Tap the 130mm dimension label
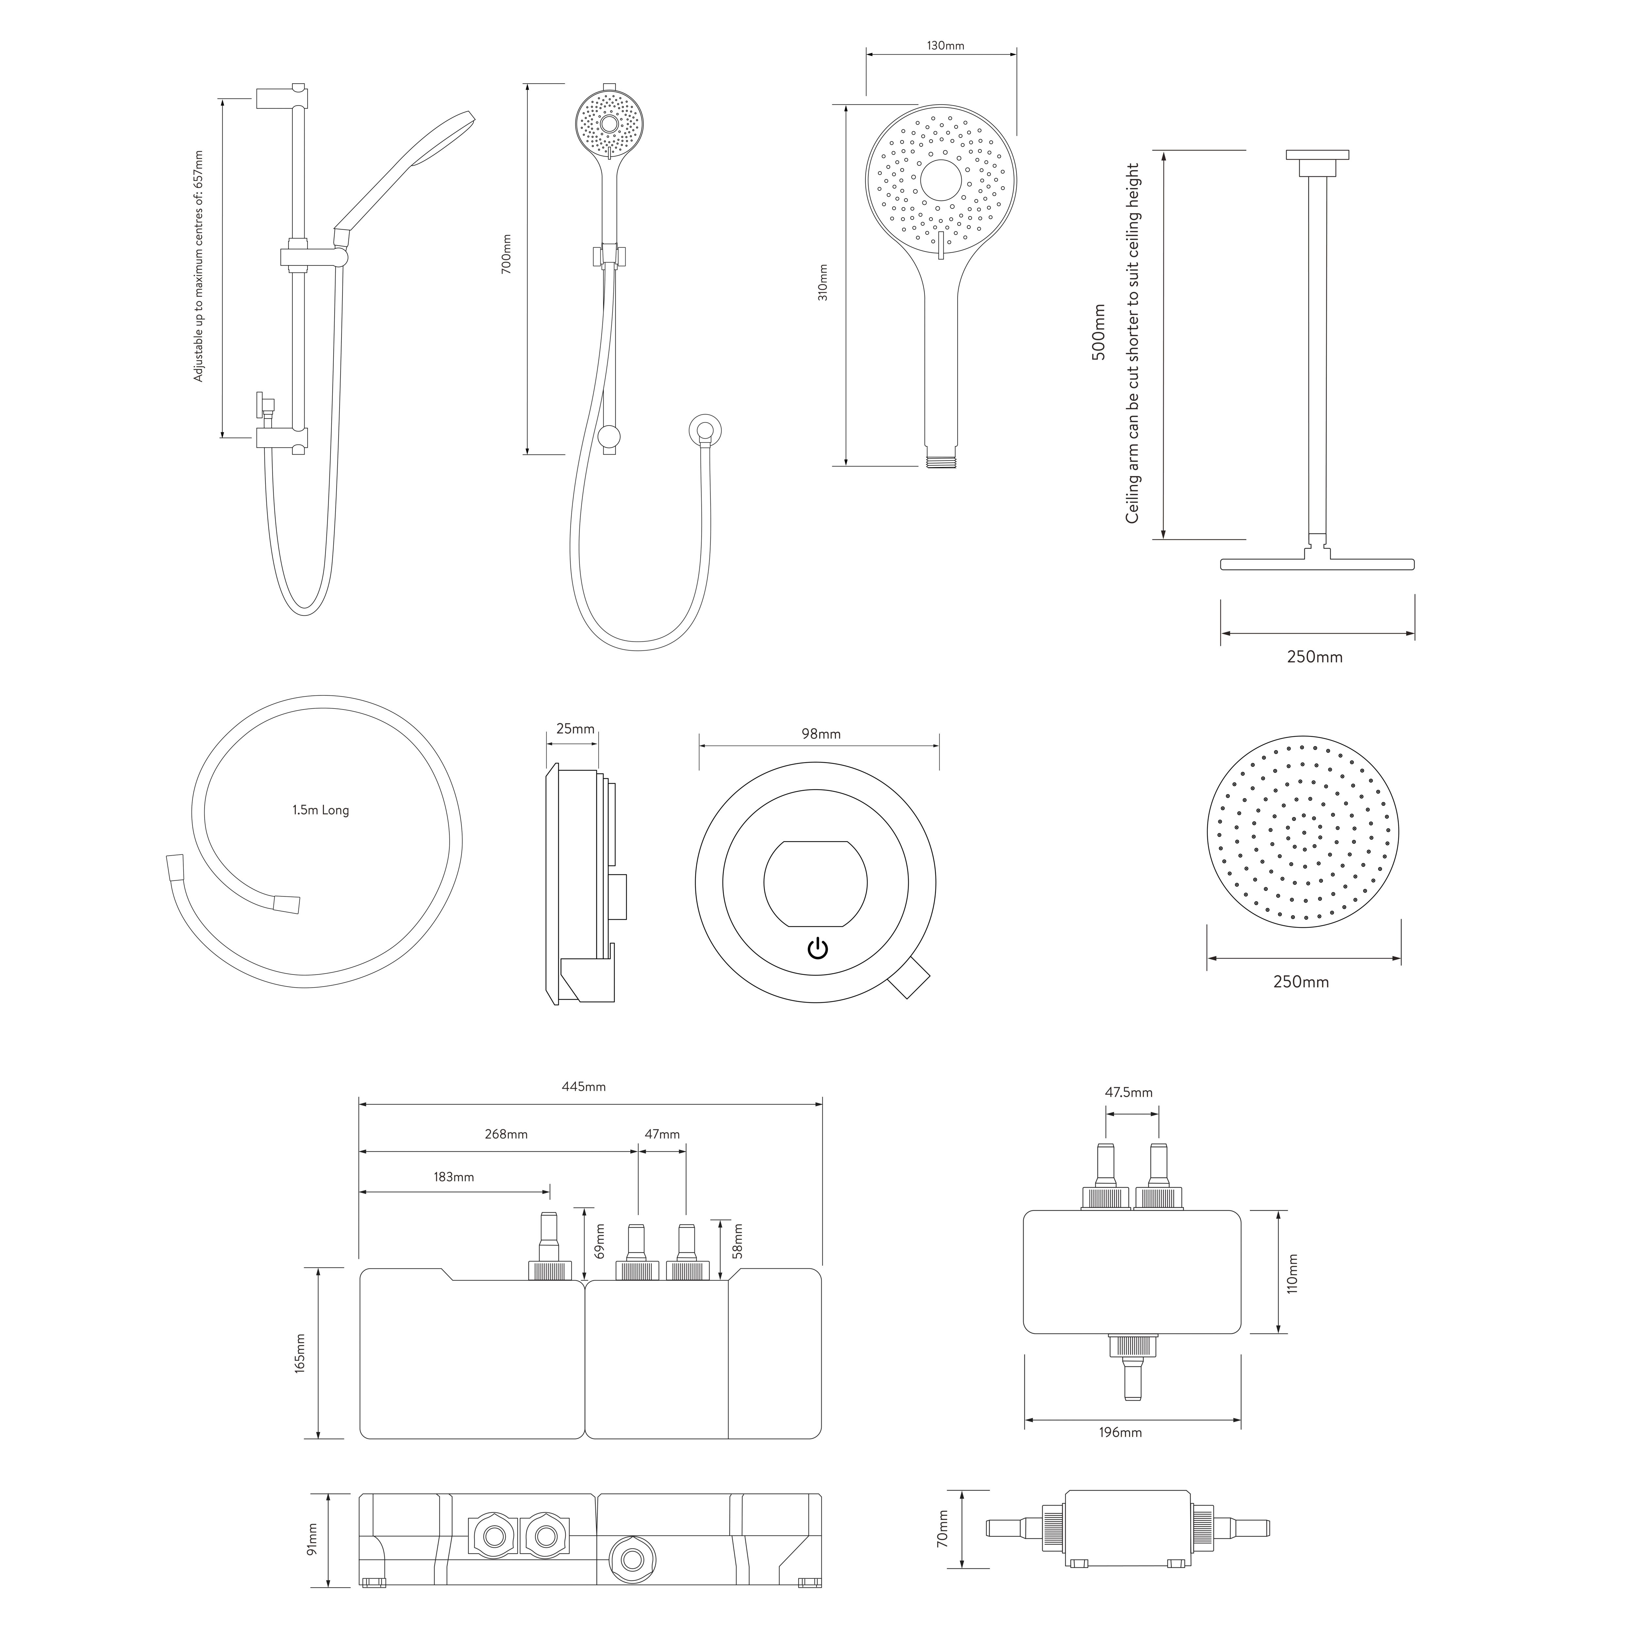click(x=945, y=46)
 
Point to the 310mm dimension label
click(x=823, y=282)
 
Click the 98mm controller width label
click(x=821, y=734)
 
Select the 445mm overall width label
click(x=584, y=1087)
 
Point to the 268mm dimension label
click(x=506, y=1134)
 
